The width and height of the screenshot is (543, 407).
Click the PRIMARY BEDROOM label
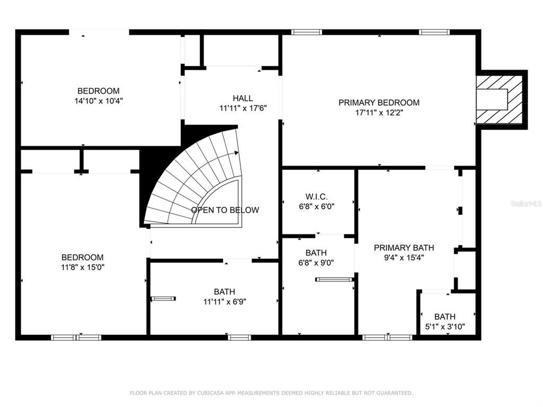[x=379, y=103]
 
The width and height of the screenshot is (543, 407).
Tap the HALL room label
[x=242, y=98]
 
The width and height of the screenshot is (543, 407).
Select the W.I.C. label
[x=316, y=197]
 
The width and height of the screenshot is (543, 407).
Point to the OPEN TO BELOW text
[x=225, y=210]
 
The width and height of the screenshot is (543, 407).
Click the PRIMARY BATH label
[x=404, y=248]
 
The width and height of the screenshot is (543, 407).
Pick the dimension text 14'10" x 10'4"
[x=99, y=101]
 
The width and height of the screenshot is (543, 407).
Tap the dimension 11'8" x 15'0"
[x=82, y=267]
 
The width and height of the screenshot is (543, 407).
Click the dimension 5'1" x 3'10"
[x=445, y=326]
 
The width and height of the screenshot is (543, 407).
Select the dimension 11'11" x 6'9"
[x=224, y=302]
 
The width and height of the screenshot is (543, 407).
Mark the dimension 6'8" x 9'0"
[x=316, y=263]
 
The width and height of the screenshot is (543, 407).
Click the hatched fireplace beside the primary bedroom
[x=500, y=100]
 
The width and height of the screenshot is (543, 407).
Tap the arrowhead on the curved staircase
[x=237, y=153]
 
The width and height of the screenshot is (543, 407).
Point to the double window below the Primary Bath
[x=388, y=338]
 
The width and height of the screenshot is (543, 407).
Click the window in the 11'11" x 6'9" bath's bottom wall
[x=239, y=338]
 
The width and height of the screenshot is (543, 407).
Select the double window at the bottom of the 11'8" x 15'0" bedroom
[x=76, y=338]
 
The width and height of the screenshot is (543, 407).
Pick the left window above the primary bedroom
[x=306, y=32]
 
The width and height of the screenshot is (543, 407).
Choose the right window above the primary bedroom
[x=434, y=32]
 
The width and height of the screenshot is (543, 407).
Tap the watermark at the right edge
[x=527, y=203]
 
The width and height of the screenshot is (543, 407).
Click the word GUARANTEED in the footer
[x=394, y=393]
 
